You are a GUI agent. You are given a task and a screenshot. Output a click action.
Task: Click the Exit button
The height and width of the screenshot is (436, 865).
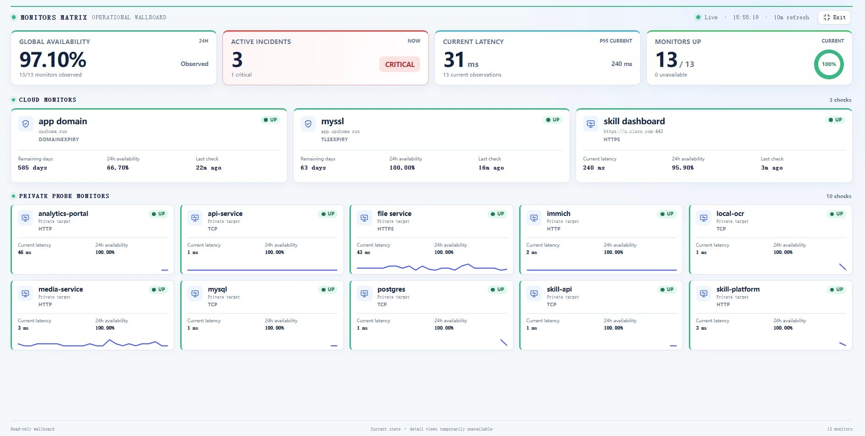(834, 17)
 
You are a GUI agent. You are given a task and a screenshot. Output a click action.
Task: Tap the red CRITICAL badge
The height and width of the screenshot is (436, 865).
(399, 64)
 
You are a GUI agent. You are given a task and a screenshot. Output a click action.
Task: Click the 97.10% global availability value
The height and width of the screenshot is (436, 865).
(53, 60)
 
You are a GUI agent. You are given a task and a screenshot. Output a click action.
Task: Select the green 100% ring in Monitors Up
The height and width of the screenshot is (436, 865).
(829, 64)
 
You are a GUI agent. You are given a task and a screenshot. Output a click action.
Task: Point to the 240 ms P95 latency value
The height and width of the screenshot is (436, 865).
(621, 64)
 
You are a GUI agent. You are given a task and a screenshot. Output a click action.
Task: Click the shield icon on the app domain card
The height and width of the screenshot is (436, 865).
(26, 124)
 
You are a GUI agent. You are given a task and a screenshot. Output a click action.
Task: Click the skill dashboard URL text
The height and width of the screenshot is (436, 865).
(633, 132)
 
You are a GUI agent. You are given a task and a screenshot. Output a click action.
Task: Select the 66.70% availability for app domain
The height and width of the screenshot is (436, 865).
(118, 168)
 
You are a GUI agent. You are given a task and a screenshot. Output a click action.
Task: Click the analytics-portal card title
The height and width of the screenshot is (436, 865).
(63, 214)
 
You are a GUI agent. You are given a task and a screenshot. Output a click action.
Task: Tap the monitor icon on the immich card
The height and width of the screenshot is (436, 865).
(534, 218)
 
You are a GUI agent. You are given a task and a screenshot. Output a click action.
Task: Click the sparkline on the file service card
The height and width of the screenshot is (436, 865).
(432, 267)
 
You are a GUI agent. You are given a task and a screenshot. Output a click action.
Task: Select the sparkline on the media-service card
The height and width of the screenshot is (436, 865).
(93, 343)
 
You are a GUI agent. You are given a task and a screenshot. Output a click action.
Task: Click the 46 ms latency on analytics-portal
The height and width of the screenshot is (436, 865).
(25, 253)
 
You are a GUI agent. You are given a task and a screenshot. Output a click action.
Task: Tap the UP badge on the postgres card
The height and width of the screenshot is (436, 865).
(497, 290)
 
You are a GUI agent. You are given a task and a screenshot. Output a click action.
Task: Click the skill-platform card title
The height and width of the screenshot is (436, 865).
(738, 289)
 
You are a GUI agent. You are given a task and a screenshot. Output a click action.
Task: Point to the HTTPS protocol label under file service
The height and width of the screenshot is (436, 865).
(386, 229)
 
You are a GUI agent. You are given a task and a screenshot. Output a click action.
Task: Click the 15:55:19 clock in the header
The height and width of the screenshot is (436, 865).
(746, 17)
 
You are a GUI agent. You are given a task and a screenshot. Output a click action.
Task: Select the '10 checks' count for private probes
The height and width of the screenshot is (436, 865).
(838, 196)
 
